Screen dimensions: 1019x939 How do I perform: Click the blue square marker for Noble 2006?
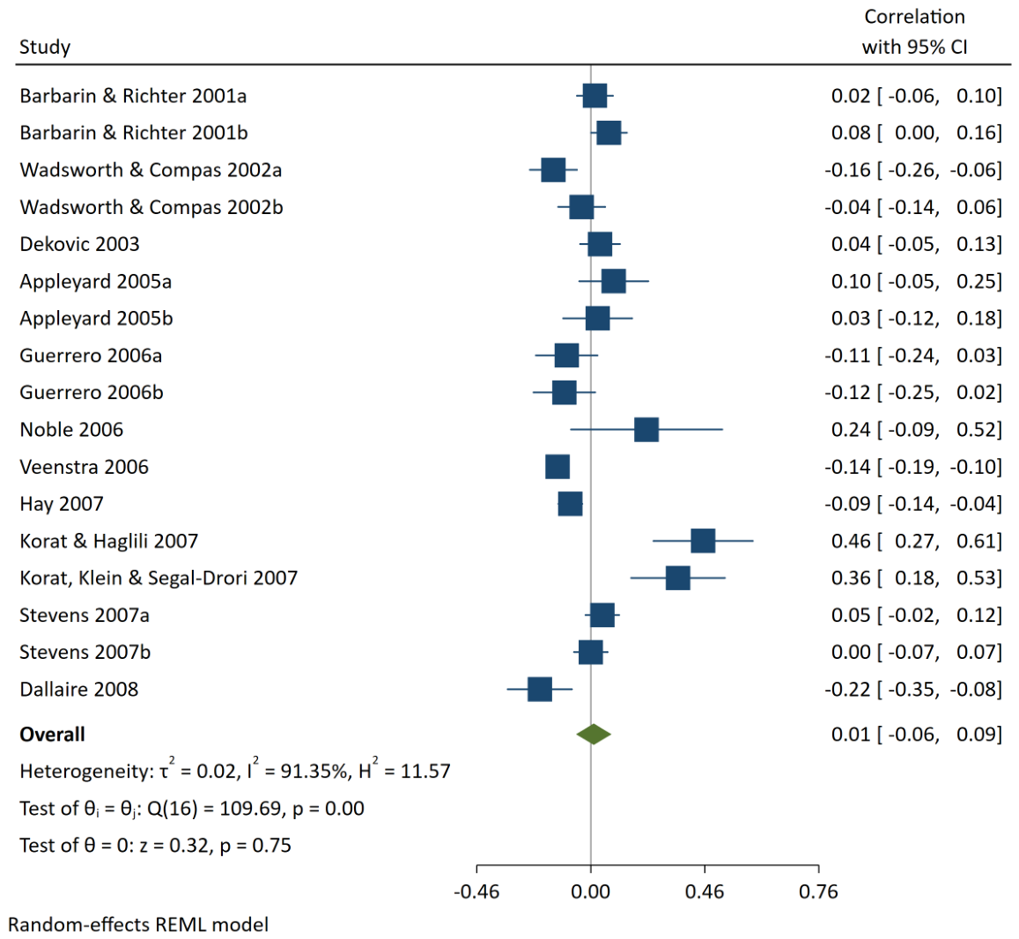(646, 430)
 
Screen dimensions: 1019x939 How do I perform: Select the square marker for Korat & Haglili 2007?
(703, 541)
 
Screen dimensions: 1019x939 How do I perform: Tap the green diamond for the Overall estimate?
(594, 735)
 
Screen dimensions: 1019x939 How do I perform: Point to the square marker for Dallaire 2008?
(539, 689)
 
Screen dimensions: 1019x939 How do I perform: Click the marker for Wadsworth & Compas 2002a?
(553, 170)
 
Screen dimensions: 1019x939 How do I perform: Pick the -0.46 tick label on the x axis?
(476, 891)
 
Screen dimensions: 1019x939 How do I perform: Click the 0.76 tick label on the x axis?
(818, 891)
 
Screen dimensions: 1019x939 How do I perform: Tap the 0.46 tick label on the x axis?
(705, 891)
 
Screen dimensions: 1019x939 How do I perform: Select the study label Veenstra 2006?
(84, 467)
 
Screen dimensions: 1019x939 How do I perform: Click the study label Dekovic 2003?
(79, 244)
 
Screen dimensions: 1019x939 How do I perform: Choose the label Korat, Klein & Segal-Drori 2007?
(159, 578)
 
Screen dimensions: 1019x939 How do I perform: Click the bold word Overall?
(52, 735)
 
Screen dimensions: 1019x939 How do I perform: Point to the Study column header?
(45, 47)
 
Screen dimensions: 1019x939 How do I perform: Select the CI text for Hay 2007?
(940, 504)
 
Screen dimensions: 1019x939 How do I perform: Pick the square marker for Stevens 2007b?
(590, 652)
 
